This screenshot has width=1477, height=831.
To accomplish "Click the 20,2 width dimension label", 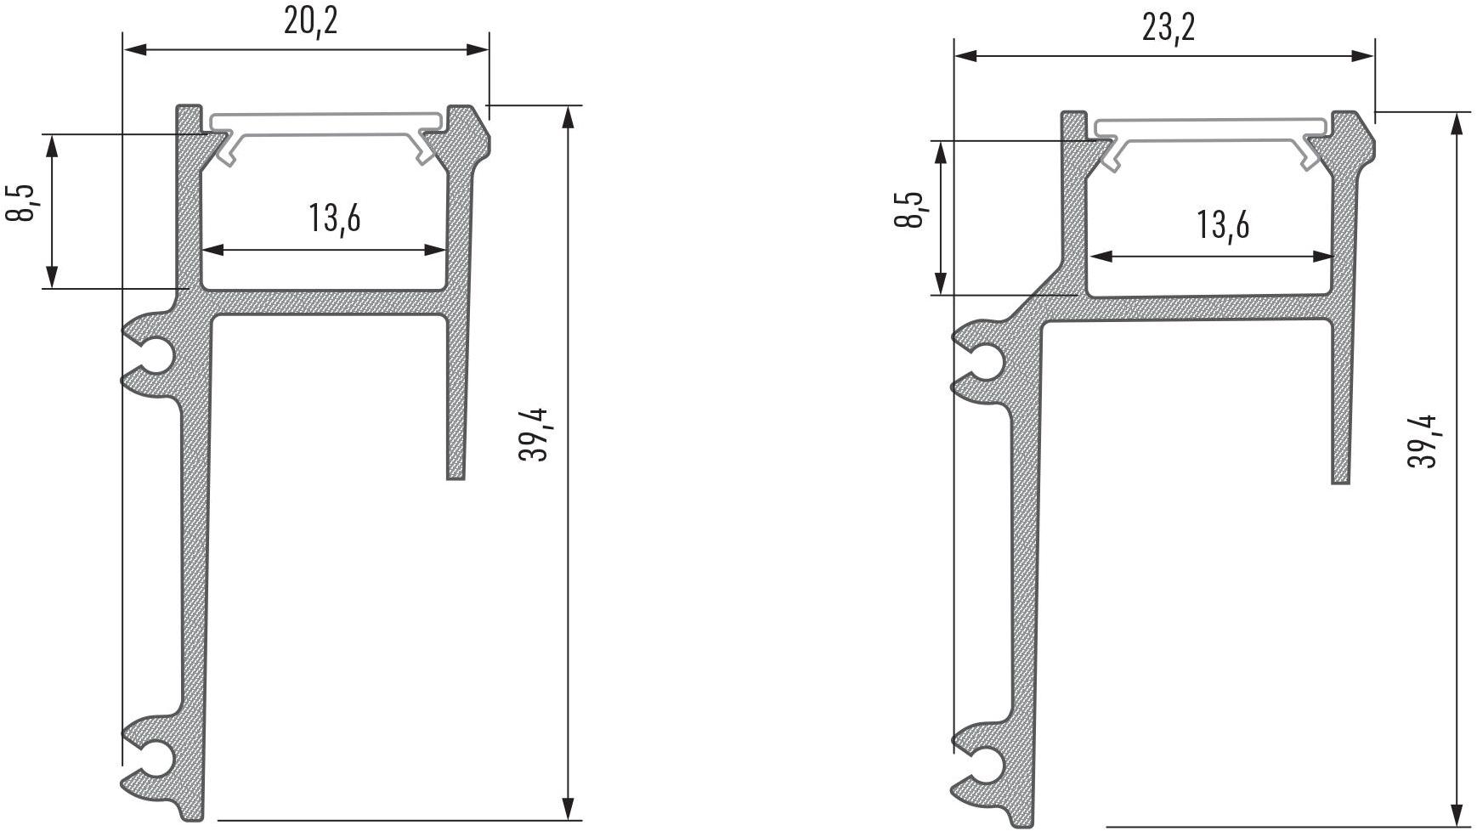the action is click(310, 20).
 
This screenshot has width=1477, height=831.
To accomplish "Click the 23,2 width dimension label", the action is click(1169, 27).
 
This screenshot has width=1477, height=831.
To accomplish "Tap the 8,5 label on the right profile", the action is click(909, 209).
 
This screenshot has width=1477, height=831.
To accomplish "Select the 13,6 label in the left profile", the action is click(335, 218).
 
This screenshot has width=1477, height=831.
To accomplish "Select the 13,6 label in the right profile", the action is click(1223, 224).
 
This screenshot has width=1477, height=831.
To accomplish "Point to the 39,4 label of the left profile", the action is click(535, 435).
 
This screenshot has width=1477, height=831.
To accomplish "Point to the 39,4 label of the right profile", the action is click(1423, 440).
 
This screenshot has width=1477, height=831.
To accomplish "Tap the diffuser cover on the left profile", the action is click(325, 134).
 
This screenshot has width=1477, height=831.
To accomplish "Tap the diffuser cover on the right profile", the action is click(1212, 141).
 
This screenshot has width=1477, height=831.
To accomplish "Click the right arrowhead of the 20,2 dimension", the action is click(478, 49).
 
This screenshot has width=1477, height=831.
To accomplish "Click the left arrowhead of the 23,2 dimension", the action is click(966, 56).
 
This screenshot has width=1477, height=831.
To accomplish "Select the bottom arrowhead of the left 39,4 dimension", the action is click(569, 808).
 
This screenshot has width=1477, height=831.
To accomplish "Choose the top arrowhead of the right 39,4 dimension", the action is click(1457, 124).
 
